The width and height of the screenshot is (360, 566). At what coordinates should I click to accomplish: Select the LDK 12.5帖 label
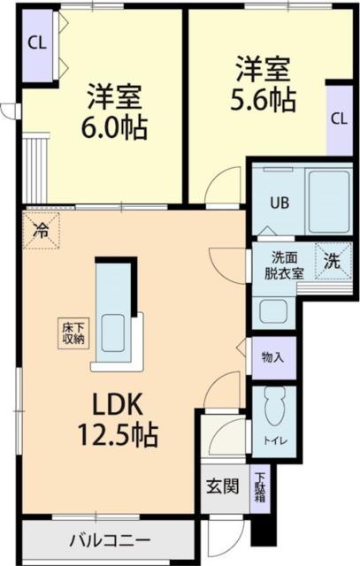pyautogui.click(x=126, y=420)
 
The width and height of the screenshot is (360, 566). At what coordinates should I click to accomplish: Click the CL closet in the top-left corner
pyautogui.click(x=36, y=43)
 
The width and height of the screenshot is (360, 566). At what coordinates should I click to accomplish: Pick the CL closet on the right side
pyautogui.click(x=339, y=119)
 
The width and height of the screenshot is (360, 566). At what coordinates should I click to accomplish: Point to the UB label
pyautogui.click(x=278, y=202)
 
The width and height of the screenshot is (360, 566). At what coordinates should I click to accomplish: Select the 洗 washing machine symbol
pyautogui.click(x=331, y=261)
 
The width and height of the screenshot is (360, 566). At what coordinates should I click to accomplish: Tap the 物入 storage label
pyautogui.click(x=272, y=358)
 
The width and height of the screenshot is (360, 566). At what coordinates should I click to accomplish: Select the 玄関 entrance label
pyautogui.click(x=222, y=486)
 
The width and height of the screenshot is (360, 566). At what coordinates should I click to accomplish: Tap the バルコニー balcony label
pyautogui.click(x=110, y=539)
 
